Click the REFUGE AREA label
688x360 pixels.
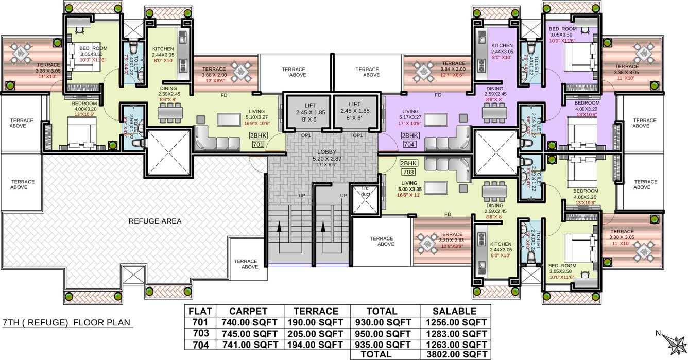pos(155,221)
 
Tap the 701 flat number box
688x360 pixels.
pos(258,145)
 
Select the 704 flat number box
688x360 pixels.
pos(409,145)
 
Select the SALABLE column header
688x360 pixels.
pos(455,311)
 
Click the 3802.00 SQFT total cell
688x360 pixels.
pos(455,354)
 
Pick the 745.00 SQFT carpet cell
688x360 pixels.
pos(249,333)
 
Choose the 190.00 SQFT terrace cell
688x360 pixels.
pos(316,322)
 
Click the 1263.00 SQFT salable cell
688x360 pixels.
pos(455,344)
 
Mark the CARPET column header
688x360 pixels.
pos(249,311)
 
